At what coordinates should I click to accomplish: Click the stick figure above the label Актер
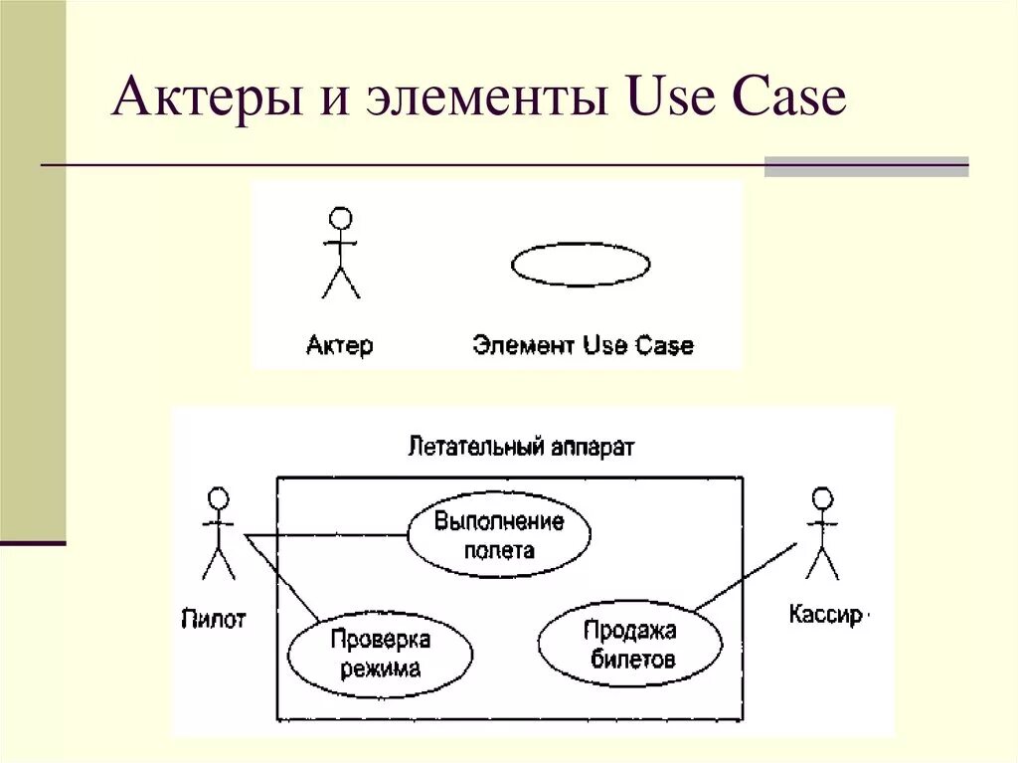click(x=341, y=253)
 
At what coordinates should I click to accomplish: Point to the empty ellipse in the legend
click(x=581, y=265)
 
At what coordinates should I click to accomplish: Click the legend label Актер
click(x=340, y=346)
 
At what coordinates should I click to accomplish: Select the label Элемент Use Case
click(x=583, y=346)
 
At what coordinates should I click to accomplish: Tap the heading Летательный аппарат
click(x=521, y=447)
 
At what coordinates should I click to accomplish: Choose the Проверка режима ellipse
click(x=380, y=653)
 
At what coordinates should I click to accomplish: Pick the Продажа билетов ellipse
click(x=631, y=644)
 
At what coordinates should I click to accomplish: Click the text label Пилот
click(x=214, y=620)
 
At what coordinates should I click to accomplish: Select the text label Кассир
click(x=825, y=615)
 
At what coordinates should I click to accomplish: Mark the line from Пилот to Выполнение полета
click(x=328, y=535)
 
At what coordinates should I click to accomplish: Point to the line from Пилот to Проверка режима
click(x=284, y=579)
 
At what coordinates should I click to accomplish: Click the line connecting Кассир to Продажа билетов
click(x=746, y=577)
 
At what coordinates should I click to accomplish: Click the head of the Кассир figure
click(x=822, y=497)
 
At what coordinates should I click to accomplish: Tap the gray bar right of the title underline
click(x=866, y=166)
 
